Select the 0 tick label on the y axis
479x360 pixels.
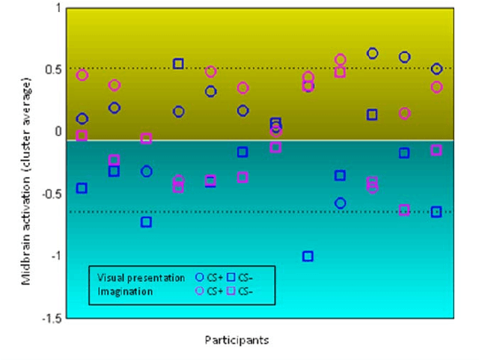click(x=58, y=132)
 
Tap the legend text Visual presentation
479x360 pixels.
click(x=141, y=278)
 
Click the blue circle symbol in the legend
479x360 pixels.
click(x=199, y=278)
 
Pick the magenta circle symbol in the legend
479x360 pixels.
click(x=199, y=290)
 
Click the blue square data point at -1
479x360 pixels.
click(x=308, y=256)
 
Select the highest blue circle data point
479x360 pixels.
click(x=372, y=53)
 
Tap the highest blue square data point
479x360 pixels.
click(x=179, y=64)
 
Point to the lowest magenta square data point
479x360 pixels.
click(x=404, y=210)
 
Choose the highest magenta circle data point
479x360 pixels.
click(x=340, y=59)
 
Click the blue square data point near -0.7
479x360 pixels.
click(x=147, y=222)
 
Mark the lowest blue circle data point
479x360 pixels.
click(x=340, y=203)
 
